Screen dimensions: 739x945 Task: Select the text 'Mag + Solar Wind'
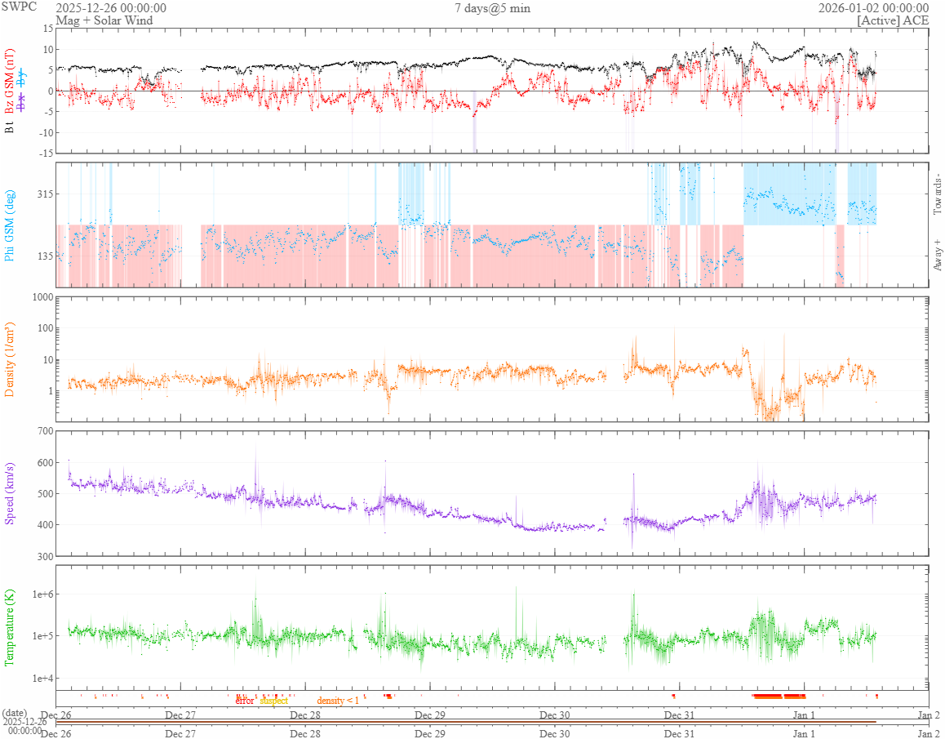(93, 20)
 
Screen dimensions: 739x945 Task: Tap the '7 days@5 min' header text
(492, 8)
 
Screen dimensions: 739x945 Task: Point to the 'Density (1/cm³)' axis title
(10, 359)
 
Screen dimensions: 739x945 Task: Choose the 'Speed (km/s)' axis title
(10, 492)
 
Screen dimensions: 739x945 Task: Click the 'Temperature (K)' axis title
(10, 627)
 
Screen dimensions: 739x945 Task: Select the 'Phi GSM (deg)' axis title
(10, 225)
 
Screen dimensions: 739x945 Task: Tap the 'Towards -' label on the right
(937, 194)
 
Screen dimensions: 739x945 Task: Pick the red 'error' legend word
(245, 701)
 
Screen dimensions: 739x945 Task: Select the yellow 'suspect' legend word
(273, 701)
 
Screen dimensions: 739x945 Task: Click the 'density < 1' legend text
(338, 701)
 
